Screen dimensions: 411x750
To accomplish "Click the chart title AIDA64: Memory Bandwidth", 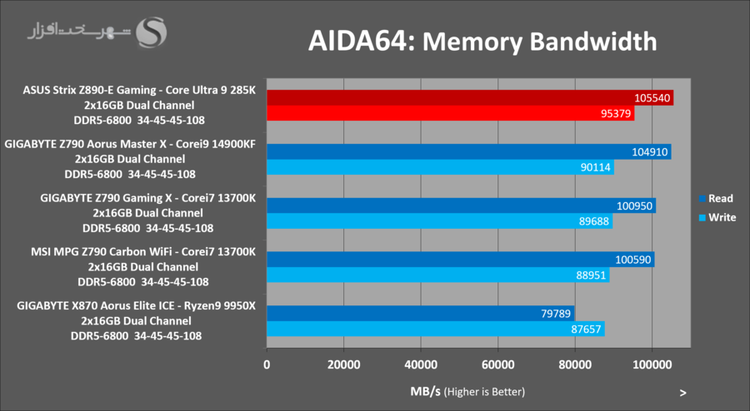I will click(482, 41).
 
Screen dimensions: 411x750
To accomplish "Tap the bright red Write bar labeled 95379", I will click(450, 114).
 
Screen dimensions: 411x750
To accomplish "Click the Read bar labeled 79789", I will click(420, 313).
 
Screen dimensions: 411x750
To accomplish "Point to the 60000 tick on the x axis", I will click(497, 364).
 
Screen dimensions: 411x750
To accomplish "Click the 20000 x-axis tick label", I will click(343, 364).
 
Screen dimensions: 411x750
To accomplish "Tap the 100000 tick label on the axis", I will click(651, 364).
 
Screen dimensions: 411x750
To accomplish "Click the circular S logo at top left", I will click(152, 32).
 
